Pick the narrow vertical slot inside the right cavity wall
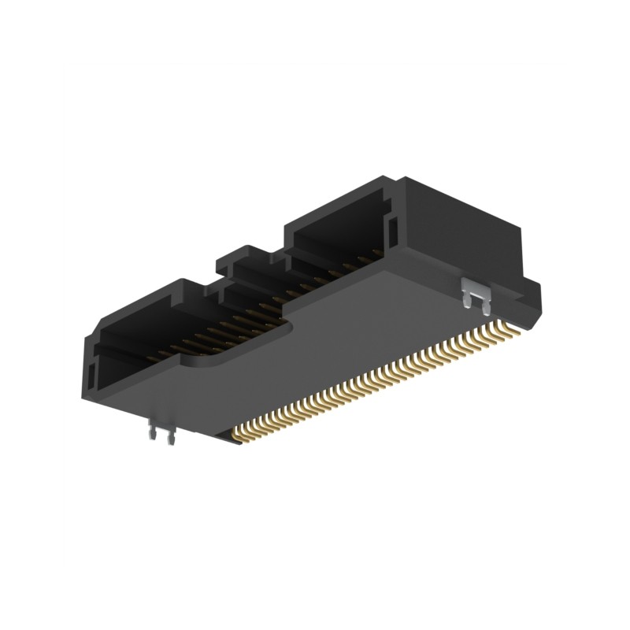click(391, 229)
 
